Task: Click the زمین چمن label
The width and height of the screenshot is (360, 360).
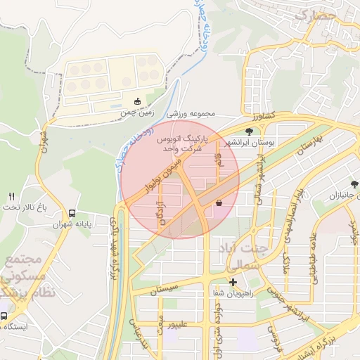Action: point(136,112)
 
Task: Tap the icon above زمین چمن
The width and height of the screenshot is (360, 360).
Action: point(137,101)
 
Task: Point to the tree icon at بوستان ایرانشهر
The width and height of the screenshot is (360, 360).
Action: point(249,131)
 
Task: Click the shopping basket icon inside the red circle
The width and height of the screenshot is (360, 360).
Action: point(219,203)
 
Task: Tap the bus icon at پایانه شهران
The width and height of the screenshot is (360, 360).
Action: point(72,214)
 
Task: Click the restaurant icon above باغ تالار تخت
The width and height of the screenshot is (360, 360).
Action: point(11,196)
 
